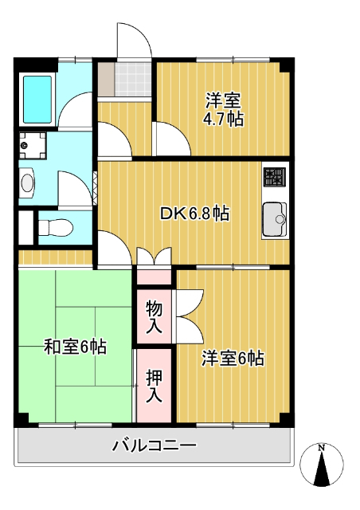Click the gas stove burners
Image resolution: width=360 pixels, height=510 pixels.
(275, 176)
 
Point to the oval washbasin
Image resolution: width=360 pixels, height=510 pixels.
(29, 184)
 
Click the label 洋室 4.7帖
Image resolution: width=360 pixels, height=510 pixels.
(224, 110)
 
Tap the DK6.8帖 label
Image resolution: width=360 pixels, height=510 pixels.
(195, 214)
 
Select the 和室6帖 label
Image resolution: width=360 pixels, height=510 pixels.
(75, 347)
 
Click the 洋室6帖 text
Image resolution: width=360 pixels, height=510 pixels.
(232, 359)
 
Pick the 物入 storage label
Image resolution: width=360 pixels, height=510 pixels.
(154, 316)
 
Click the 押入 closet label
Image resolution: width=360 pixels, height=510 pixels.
(154, 385)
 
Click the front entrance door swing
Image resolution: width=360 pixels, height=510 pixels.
(132, 40)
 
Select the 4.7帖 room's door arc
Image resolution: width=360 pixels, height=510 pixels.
(170, 139)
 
